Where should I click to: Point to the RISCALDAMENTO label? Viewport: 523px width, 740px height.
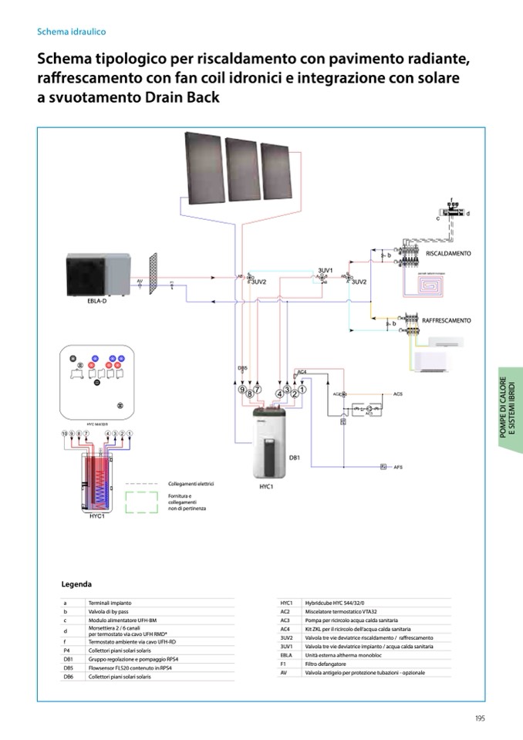pyautogui.click(x=448, y=253)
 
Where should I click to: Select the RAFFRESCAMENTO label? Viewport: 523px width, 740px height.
pyautogui.click(x=446, y=319)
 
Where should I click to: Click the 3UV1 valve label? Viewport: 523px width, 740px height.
pyautogui.click(x=325, y=271)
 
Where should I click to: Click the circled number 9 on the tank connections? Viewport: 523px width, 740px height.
pyautogui.click(x=241, y=390)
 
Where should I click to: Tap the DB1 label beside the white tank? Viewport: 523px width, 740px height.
pyautogui.click(x=294, y=458)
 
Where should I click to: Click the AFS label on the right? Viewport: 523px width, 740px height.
pyautogui.click(x=398, y=468)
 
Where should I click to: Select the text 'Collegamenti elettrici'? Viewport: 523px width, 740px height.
pyautogui.click(x=191, y=483)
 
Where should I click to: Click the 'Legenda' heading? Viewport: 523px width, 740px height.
pyautogui.click(x=76, y=584)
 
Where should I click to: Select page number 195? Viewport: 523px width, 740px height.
pyautogui.click(x=480, y=718)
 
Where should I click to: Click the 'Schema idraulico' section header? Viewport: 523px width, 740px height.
pyautogui.click(x=72, y=32)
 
